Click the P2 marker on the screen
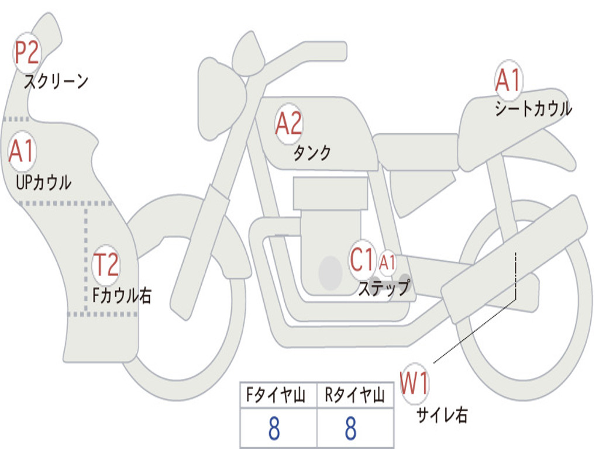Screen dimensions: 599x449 click(26, 53)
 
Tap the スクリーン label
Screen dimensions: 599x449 click(56, 81)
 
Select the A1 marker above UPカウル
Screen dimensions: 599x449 click(22, 151)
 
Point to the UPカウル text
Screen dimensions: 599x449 click(43, 182)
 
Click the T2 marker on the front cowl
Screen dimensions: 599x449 click(106, 265)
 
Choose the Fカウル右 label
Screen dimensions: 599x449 click(122, 295)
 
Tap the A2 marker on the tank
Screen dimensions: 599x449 click(288, 124)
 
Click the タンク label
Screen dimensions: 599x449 click(312, 153)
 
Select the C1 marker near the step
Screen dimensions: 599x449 click(362, 260)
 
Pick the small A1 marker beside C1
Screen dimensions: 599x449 click(387, 263)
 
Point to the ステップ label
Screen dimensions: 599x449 click(384, 288)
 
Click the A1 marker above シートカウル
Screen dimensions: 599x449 click(508, 80)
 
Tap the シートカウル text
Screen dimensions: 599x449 click(533, 108)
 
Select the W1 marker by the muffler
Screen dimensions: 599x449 click(415, 383)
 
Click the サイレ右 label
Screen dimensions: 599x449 click(442, 415)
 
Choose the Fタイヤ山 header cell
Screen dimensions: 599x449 click(278, 395)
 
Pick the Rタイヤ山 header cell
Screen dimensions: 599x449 click(355, 395)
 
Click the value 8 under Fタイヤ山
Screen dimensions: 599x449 click(274, 429)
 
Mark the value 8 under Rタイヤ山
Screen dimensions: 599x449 click(351, 429)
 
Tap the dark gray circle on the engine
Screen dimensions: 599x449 click(331, 273)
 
